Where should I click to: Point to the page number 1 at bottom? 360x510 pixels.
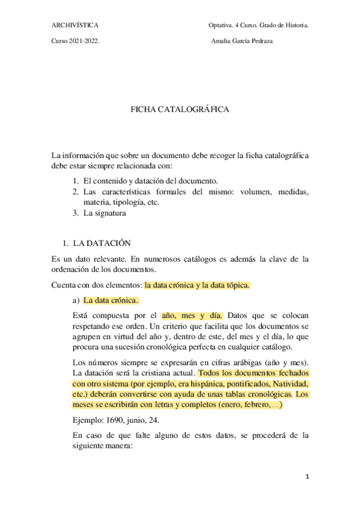307,477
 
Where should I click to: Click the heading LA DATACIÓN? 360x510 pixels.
102,244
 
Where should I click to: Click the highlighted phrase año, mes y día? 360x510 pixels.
192,315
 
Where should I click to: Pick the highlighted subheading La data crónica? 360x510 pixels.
111,300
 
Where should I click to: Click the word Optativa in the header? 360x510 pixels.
221,26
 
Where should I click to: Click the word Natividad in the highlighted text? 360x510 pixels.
290,383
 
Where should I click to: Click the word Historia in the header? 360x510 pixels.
297,26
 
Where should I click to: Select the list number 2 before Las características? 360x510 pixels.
76,192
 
